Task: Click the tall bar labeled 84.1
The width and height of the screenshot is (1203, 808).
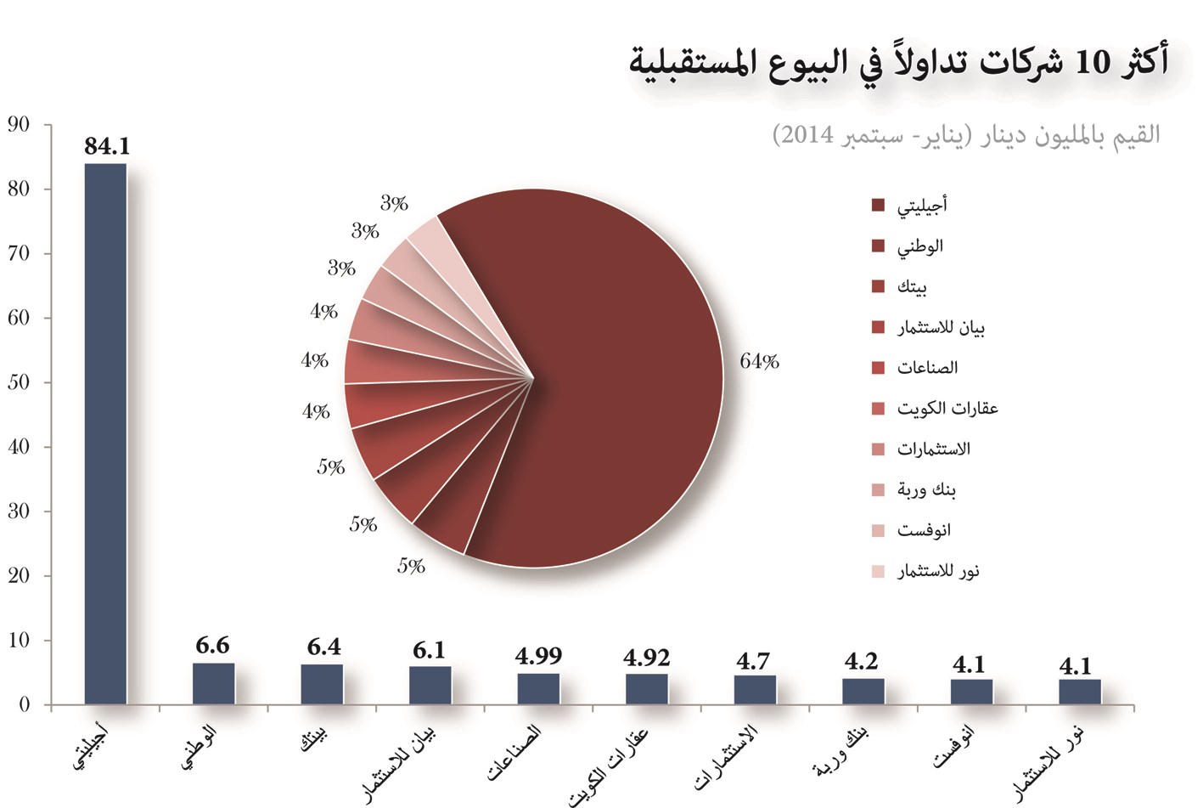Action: [105, 433]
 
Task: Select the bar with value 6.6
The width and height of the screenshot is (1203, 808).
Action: [213, 683]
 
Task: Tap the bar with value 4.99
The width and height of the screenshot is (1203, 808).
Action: [538, 688]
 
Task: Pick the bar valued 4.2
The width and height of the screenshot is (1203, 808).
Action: [863, 691]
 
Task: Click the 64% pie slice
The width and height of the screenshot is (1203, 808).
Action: [611, 382]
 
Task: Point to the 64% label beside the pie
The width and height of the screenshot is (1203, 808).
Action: [759, 362]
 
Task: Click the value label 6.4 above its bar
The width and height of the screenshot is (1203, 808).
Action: [323, 647]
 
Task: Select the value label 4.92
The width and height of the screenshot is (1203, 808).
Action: [646, 658]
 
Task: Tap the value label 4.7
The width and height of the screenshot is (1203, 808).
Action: [753, 661]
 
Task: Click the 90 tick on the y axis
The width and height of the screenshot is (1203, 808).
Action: [19, 125]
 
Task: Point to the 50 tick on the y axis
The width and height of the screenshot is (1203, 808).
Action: [19, 382]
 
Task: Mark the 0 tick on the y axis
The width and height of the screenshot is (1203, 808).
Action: [24, 704]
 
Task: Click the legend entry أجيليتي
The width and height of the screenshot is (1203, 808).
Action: [921, 205]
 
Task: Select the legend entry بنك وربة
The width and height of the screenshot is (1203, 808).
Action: [926, 490]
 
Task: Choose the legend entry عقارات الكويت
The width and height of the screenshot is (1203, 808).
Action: [947, 409]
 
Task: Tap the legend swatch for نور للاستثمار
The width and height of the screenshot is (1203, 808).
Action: [878, 572]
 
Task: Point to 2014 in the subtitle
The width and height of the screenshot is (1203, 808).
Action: [807, 135]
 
